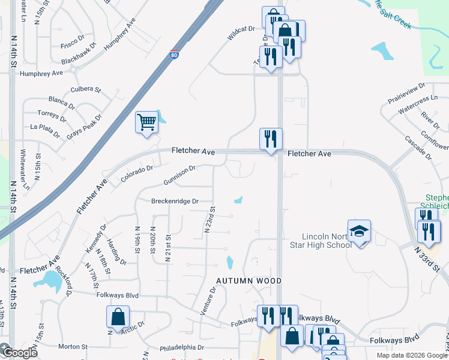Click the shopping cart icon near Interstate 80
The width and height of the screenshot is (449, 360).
coord(146,122)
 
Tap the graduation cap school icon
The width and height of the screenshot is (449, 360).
coord(360,232)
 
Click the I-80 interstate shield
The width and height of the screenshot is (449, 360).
coord(173,55)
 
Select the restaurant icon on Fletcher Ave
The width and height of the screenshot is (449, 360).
coord(271,139)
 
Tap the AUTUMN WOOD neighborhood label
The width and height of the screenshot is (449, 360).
coord(249,281)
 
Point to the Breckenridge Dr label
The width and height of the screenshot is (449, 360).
coord(174,202)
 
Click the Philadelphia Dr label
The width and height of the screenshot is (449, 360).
coord(186,347)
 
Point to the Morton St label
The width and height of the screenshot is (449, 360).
coord(73,347)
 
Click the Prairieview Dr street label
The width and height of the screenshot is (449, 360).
coord(405,94)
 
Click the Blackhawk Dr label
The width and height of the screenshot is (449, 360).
coord(78,53)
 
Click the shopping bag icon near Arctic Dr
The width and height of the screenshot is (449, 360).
coord(118,317)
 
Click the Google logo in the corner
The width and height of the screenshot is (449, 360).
coord(19,352)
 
